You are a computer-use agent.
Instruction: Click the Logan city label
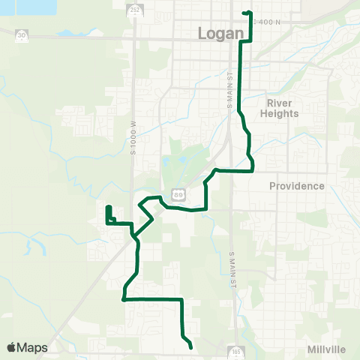[221, 33]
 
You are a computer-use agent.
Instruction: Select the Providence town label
[296, 186]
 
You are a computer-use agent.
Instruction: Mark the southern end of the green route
[192, 347]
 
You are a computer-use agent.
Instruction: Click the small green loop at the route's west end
[109, 214]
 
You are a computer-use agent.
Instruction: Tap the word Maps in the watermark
[32, 348]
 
